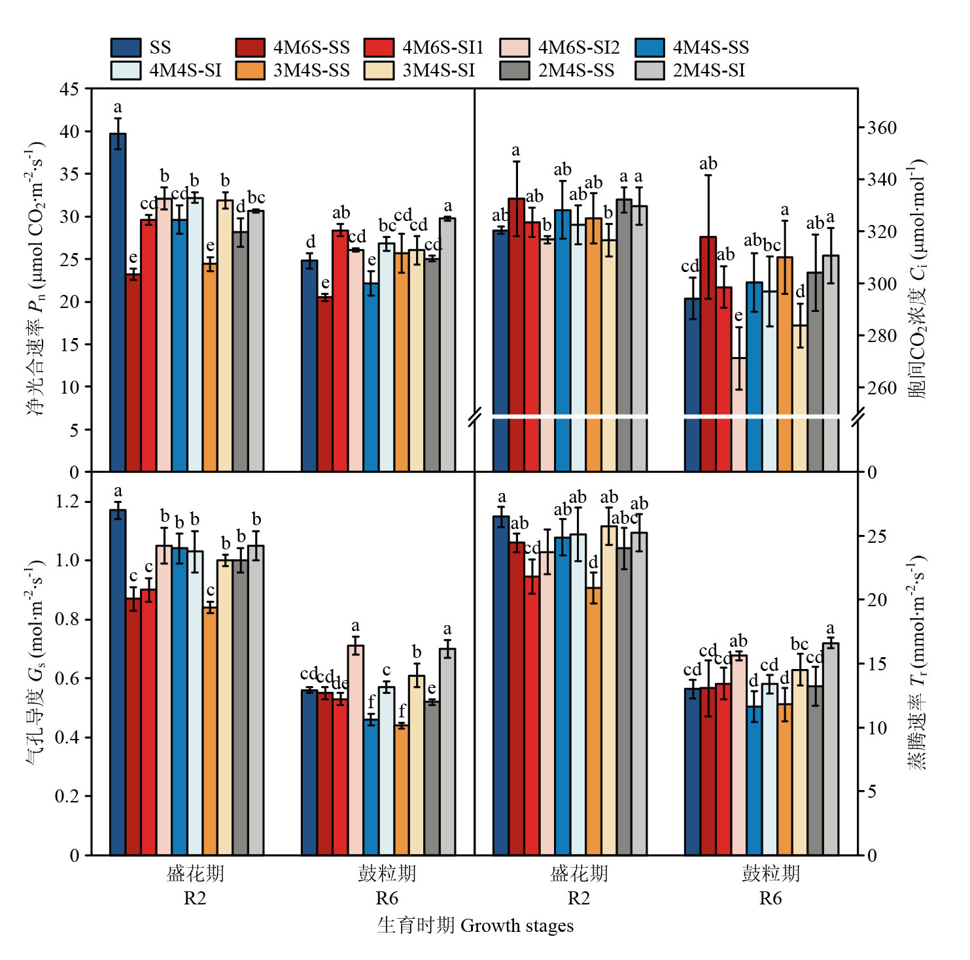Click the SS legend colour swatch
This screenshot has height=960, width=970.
coord(126,48)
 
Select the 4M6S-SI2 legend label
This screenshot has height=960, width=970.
coord(578,48)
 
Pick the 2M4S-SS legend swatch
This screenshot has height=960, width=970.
coord(514,71)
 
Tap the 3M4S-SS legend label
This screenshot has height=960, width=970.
coord(311,71)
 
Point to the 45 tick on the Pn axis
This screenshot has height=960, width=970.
coord(69,89)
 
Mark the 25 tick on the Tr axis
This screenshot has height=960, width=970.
coord(876,536)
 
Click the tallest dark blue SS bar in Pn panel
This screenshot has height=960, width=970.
coord(118,301)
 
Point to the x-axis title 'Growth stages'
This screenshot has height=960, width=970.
coord(517,926)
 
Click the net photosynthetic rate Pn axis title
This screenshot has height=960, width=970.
coord(35,278)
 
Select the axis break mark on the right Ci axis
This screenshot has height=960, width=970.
coord(858,417)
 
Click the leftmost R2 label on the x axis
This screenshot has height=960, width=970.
coord(195,899)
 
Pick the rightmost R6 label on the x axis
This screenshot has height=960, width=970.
coord(771,899)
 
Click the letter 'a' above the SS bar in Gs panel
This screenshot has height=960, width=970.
coord(118,491)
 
